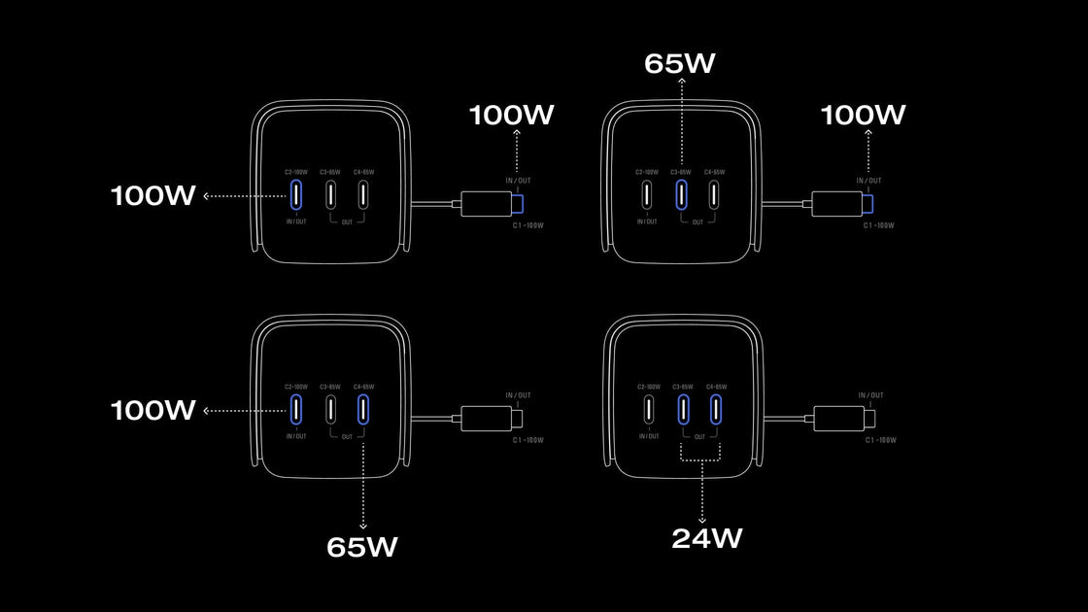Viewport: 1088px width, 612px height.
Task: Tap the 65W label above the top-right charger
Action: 680,64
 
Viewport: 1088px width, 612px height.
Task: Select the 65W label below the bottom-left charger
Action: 362,547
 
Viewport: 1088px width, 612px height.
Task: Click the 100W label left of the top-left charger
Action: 153,195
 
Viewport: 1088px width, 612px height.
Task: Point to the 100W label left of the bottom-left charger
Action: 153,410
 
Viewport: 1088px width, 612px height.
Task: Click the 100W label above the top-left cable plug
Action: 512,115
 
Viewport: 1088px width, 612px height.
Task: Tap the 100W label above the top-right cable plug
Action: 864,115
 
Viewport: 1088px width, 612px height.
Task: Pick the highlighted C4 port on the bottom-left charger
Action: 363,409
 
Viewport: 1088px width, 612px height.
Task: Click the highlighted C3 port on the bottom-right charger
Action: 683,409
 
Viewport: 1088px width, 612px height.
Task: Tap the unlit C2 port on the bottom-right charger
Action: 648,409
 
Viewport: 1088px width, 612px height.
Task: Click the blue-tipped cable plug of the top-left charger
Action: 493,204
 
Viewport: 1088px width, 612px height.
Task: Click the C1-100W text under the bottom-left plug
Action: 528,440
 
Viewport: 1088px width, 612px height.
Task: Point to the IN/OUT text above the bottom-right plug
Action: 870,395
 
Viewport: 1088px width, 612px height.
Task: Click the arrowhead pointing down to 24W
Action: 702,516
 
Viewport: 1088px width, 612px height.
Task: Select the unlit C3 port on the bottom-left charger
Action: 330,409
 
